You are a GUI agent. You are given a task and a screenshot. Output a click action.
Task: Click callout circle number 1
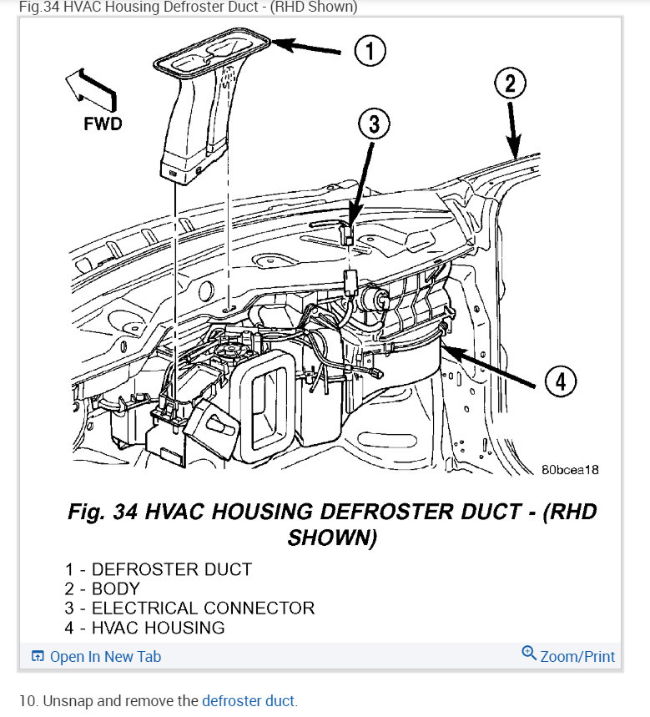click(x=370, y=51)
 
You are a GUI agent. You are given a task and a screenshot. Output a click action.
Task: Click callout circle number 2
click(x=511, y=83)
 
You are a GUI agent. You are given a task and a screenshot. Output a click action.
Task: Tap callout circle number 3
click(x=375, y=125)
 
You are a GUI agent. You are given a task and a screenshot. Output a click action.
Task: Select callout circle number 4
click(x=561, y=382)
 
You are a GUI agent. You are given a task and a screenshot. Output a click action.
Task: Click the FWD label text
click(x=103, y=124)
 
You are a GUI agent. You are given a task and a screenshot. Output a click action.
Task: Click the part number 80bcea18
click(x=570, y=470)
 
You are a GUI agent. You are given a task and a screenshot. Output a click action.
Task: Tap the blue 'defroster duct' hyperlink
click(x=249, y=701)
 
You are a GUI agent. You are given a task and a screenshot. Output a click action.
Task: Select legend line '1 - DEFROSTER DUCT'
click(x=159, y=570)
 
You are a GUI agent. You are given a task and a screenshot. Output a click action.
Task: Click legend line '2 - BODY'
click(x=103, y=589)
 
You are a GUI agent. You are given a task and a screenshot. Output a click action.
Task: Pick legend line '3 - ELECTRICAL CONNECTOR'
click(x=190, y=608)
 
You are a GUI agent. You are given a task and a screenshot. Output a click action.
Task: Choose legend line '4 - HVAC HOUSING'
click(x=145, y=628)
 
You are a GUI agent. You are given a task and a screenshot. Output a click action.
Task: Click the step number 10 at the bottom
click(x=27, y=701)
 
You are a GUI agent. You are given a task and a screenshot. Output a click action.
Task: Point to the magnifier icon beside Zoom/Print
click(x=529, y=654)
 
